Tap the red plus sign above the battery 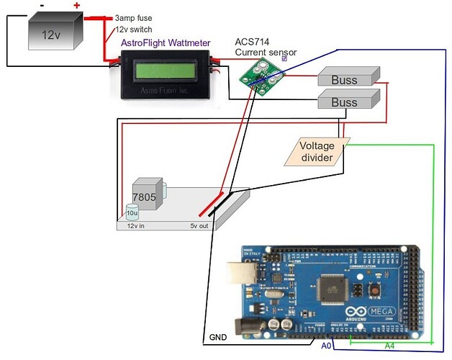(x=76, y=6)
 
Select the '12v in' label (x=137, y=225)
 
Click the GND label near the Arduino (x=217, y=336)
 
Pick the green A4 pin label (x=389, y=346)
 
